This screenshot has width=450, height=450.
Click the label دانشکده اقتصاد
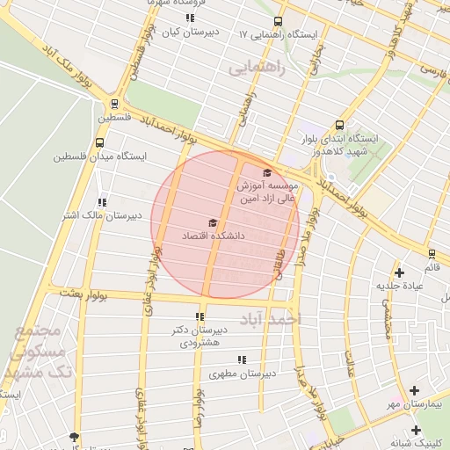213,236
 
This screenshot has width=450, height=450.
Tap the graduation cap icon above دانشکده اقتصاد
212,223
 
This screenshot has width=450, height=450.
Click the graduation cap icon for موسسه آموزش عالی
267,172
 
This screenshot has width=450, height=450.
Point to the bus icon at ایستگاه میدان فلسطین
98,142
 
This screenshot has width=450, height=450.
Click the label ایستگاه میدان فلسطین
97,156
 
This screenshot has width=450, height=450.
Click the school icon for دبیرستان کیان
189,18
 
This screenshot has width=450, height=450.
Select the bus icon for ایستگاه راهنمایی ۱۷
278,21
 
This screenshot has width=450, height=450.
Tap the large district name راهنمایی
258,68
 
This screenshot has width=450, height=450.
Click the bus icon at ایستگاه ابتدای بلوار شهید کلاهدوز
339,125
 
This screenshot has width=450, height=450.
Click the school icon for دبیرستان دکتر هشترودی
201,316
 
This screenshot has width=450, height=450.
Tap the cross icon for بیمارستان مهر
415,390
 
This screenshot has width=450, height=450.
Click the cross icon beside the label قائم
400,272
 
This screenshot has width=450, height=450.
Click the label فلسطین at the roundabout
113,117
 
